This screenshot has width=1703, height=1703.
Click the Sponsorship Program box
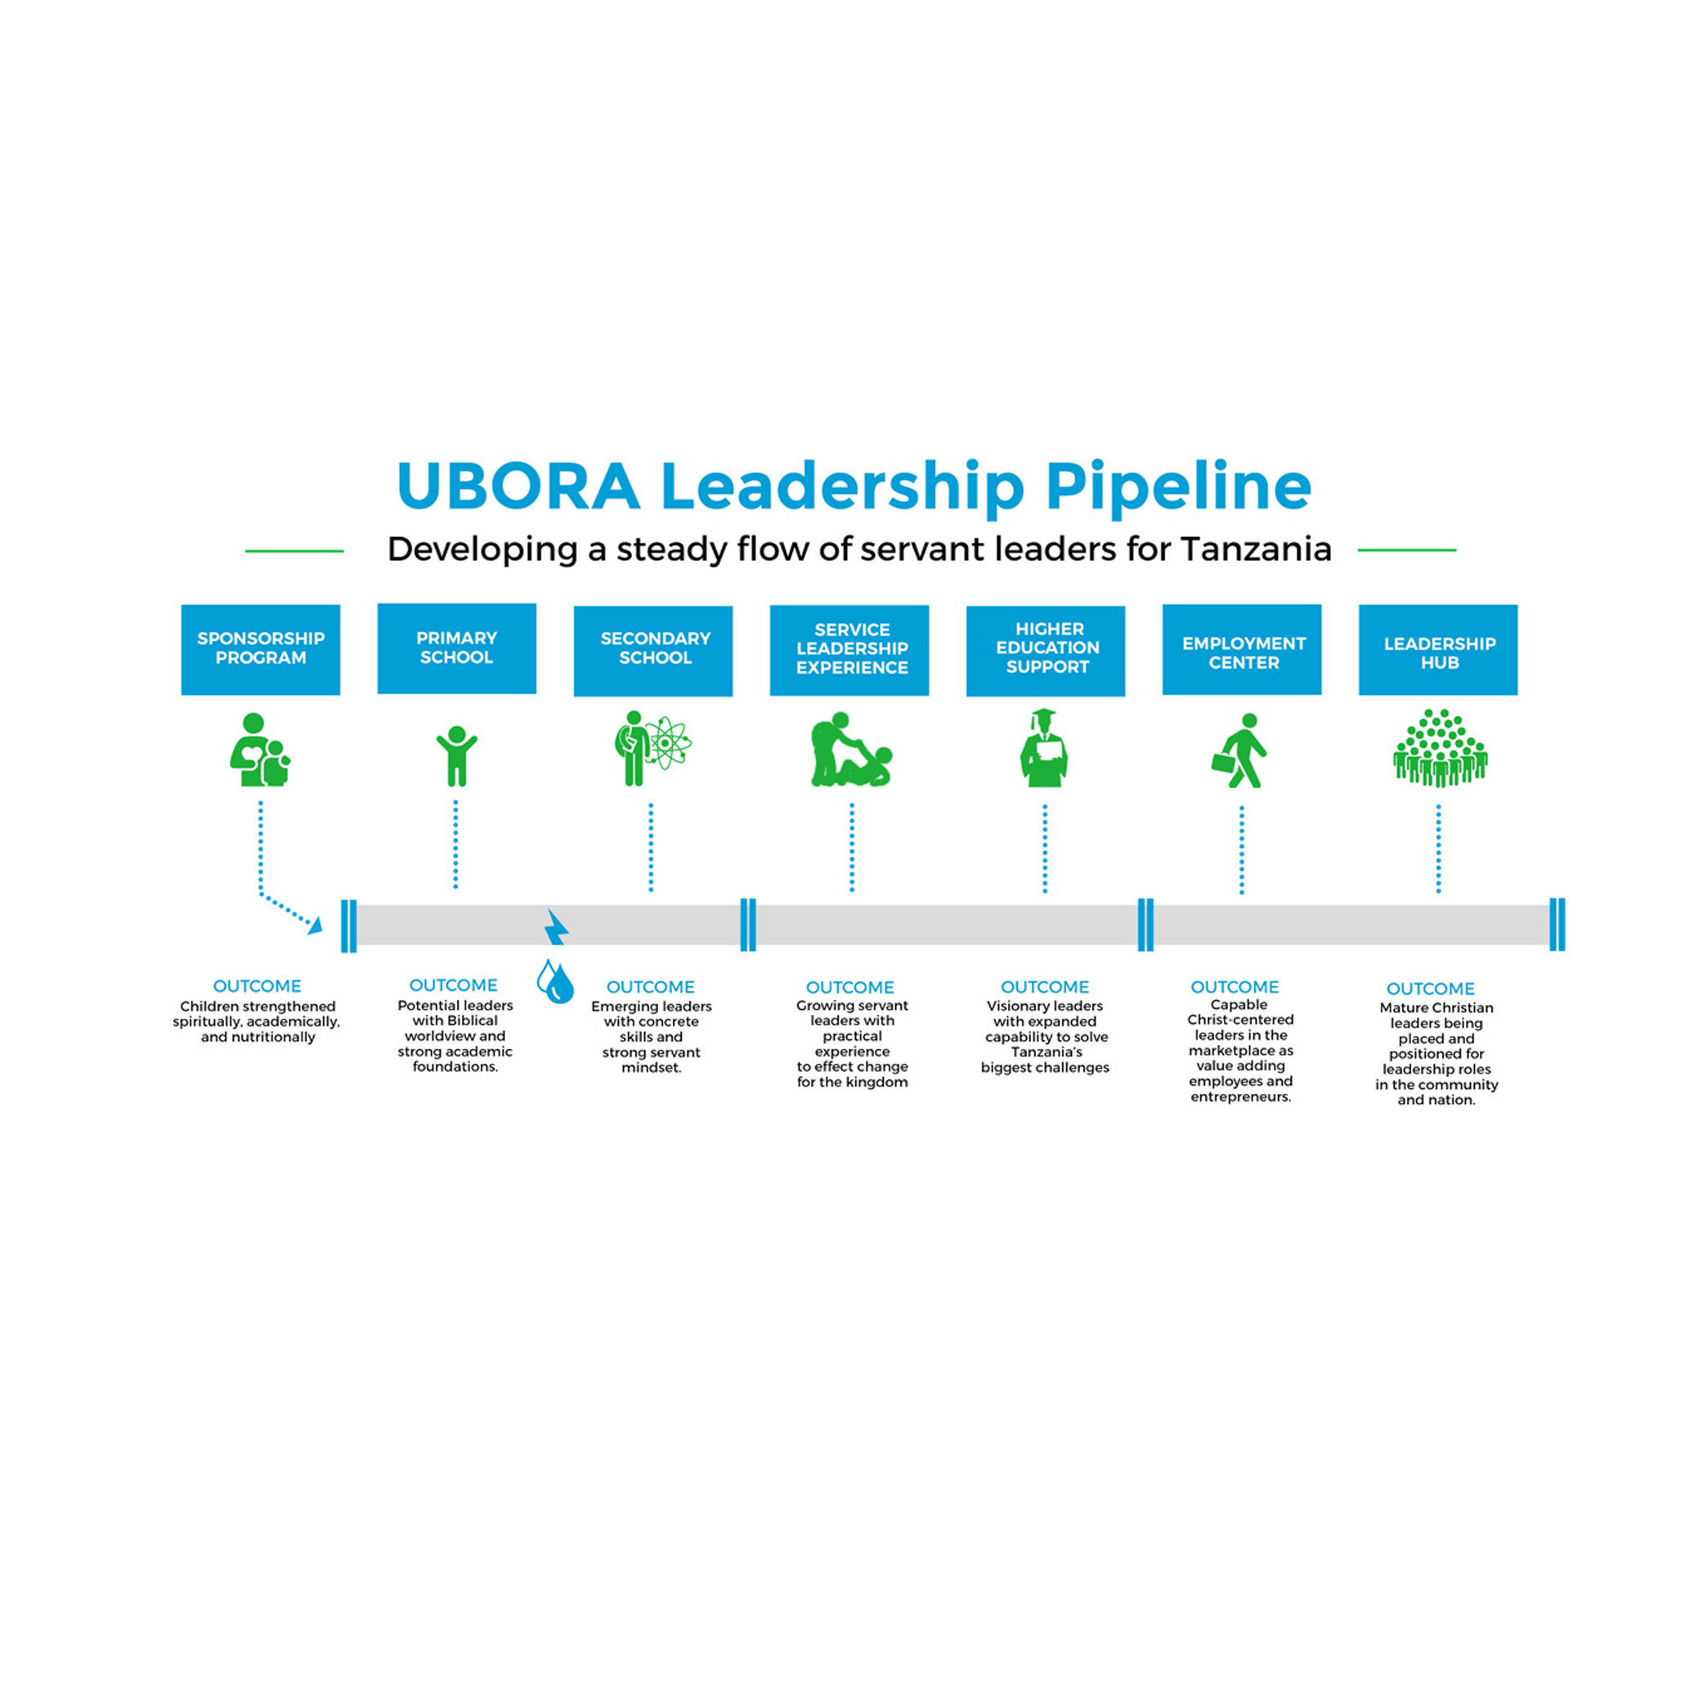coord(260,650)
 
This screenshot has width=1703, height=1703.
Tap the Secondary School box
coord(653,651)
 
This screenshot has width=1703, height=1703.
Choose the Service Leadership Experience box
coord(849,650)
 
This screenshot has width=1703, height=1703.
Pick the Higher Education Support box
coord(1046,651)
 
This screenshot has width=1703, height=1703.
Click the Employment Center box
coord(1241,650)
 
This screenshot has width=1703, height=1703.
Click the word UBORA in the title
coord(518,486)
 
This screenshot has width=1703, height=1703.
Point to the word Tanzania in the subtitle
coord(1255,549)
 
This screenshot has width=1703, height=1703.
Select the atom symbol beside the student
coord(667,744)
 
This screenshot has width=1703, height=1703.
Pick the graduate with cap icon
coord(1044,748)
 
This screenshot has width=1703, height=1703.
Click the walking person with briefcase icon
coord(1240,751)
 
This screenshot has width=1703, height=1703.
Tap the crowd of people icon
coord(1440,748)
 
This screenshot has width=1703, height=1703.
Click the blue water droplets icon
coord(555,981)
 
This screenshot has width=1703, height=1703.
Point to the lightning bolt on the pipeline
coord(556,926)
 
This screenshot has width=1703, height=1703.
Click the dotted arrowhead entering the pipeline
coord(316,925)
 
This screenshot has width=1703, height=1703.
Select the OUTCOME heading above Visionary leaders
coord(1045,988)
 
